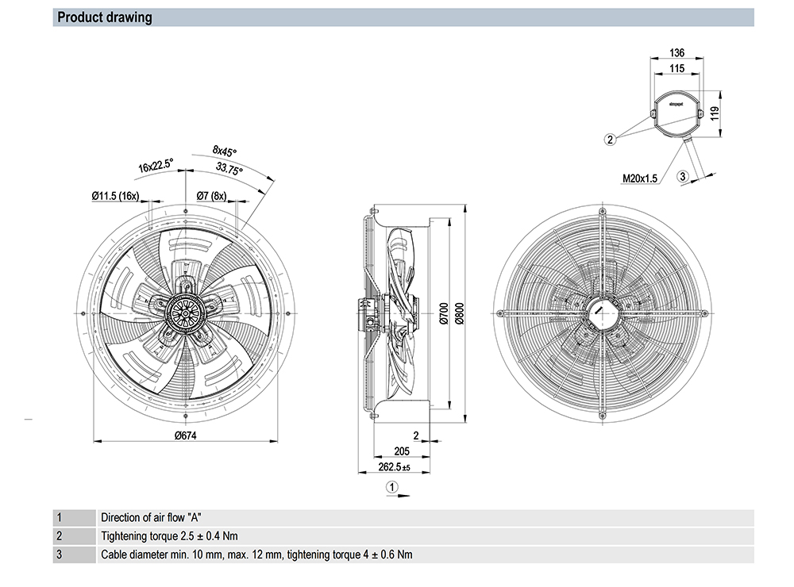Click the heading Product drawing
105,17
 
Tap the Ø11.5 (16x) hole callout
116,195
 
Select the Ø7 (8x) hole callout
212,195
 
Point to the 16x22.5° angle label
156,167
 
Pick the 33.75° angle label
230,169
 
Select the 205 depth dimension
402,451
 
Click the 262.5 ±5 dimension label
393,467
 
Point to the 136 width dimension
676,52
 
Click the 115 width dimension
676,69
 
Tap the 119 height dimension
714,113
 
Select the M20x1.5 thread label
640,178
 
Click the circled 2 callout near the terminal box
611,140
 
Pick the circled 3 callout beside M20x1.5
682,177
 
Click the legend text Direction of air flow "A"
157,517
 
